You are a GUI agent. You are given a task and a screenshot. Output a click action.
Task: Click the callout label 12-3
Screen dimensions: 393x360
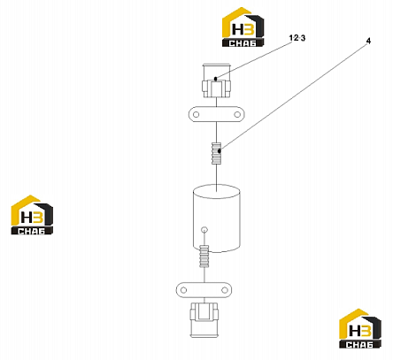click(x=297, y=38)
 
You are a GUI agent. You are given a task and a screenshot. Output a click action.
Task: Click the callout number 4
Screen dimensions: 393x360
click(x=368, y=42)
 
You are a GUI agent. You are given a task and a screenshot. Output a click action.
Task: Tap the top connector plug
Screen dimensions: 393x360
click(x=216, y=80)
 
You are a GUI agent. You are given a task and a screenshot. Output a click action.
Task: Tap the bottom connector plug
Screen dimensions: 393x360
click(x=204, y=320)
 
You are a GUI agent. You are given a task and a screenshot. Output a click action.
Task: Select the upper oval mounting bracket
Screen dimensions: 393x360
click(x=217, y=114)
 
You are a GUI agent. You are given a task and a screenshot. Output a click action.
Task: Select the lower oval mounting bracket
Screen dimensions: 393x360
click(x=204, y=290)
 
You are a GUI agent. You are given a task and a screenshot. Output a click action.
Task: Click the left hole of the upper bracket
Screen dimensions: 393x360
click(x=196, y=114)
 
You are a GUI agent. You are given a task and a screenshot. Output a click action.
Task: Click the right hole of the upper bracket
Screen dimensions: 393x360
click(x=237, y=114)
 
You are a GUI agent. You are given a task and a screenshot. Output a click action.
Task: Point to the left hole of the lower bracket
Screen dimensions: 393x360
click(x=183, y=290)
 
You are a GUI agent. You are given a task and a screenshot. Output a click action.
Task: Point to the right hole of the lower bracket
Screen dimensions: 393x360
click(x=225, y=290)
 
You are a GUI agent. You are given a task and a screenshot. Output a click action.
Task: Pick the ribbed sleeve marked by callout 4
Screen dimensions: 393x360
click(x=216, y=153)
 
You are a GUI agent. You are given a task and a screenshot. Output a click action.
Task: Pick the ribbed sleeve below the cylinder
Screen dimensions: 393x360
click(x=204, y=256)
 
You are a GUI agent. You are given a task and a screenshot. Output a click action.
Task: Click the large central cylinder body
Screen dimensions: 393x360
click(x=216, y=218)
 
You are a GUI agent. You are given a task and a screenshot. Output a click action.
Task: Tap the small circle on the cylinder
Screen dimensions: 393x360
click(x=204, y=229)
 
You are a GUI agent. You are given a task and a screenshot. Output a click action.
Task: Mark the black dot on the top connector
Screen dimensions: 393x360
click(x=216, y=79)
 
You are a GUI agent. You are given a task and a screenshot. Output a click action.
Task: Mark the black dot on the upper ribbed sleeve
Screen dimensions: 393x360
click(x=220, y=151)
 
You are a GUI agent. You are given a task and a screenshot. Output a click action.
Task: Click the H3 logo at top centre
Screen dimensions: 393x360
click(x=243, y=27)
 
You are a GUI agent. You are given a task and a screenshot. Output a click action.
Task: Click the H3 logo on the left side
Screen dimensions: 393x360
click(x=32, y=215)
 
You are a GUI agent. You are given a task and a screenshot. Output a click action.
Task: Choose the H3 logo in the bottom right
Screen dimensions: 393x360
click(x=360, y=328)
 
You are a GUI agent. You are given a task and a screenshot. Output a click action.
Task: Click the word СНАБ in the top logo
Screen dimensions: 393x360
click(x=243, y=43)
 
